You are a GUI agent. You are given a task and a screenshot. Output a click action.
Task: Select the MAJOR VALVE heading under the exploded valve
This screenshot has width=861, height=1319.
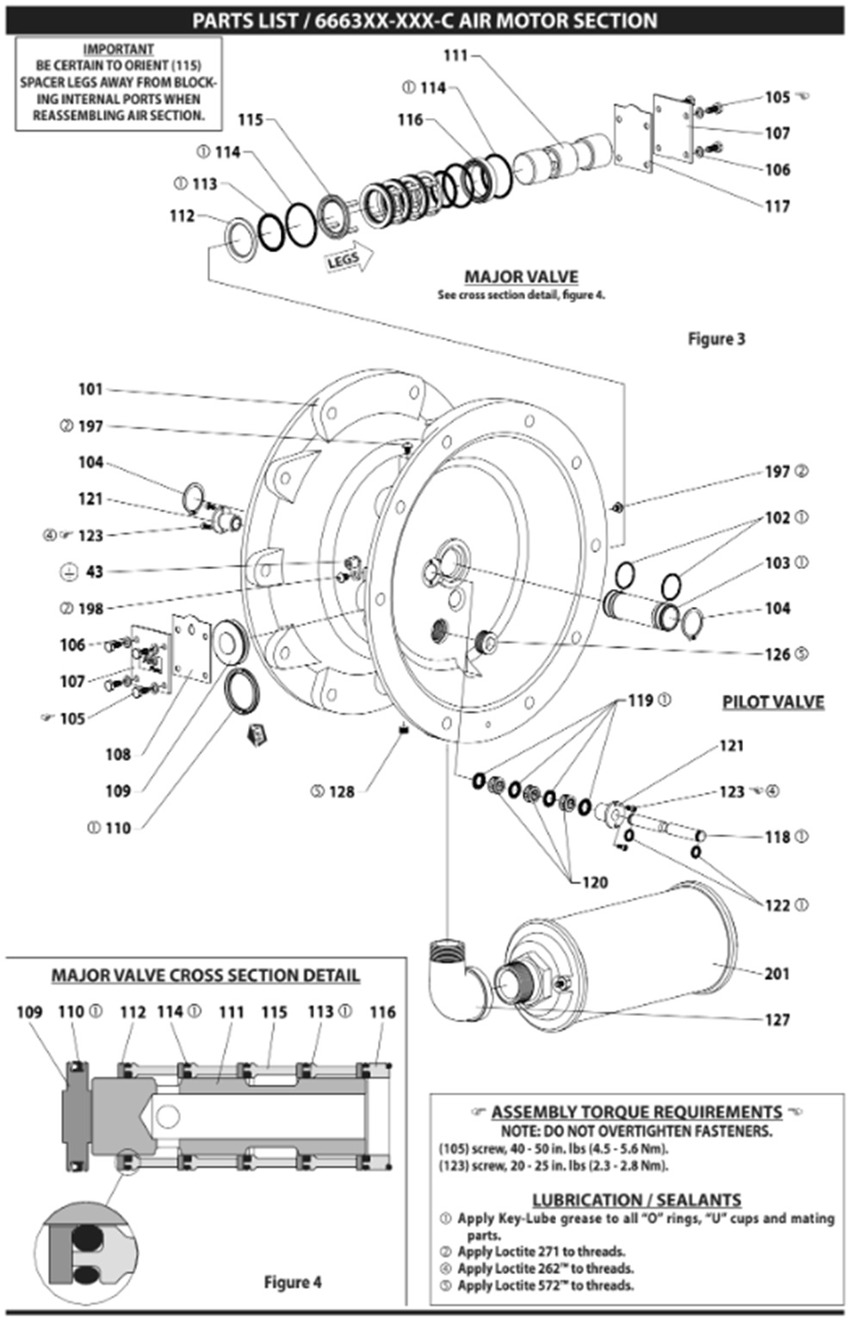[x=521, y=277]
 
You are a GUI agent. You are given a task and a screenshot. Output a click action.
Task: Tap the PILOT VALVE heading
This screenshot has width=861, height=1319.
[x=772, y=702]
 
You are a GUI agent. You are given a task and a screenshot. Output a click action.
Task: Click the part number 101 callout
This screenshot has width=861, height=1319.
[x=90, y=389]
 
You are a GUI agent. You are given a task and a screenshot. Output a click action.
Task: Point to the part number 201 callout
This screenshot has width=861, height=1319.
[x=777, y=973]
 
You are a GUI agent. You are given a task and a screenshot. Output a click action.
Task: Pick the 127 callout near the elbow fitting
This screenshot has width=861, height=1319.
[x=777, y=1019]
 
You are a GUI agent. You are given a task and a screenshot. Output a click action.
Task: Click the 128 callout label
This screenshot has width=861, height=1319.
[x=341, y=791]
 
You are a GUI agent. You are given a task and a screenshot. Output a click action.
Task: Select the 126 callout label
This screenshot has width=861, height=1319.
[x=777, y=654]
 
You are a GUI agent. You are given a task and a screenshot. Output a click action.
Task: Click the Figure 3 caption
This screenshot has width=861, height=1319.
[x=716, y=338]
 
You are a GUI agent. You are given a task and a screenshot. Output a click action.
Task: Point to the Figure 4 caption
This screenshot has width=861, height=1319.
[x=292, y=1282]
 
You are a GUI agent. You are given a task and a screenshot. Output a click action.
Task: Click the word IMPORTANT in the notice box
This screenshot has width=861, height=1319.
[x=118, y=50]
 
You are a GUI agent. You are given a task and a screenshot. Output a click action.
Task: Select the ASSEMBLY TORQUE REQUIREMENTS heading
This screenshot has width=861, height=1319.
[x=636, y=1112]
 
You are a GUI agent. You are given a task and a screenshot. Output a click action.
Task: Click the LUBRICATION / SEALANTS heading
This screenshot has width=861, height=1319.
[x=635, y=1199]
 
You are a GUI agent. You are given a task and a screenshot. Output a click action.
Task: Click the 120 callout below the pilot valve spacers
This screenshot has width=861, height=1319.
[x=594, y=882]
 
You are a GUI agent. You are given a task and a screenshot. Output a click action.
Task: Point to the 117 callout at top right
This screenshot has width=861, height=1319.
[x=777, y=207]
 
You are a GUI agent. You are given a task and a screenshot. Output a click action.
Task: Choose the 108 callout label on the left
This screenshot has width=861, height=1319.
[x=118, y=754]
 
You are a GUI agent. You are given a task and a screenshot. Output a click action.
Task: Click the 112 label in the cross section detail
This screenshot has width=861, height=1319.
[x=133, y=1012]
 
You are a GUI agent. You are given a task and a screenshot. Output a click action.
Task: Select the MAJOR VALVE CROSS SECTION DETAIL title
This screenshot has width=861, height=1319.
[x=205, y=975]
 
